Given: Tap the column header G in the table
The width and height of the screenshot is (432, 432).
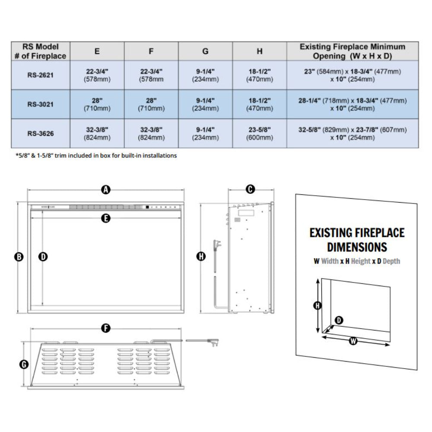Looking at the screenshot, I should tap(205, 51).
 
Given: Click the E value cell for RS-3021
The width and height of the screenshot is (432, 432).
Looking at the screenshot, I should tap(97, 104).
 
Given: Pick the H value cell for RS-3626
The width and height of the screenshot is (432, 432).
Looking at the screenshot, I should tap(260, 133).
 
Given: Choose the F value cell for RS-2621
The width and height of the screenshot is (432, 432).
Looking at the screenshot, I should tap(151, 74).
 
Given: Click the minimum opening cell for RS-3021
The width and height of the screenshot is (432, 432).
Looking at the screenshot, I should tap(353, 104).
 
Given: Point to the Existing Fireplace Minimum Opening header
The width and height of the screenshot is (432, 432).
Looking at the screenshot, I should tap(353, 51).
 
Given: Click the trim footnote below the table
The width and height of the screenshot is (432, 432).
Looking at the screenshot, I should tap(96, 156).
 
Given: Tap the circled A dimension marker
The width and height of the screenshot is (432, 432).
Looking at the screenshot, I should tap(105, 189).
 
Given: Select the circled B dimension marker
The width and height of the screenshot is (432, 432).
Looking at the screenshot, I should tap(19, 257).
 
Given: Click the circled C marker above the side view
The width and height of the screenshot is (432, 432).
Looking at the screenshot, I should tap(250, 189).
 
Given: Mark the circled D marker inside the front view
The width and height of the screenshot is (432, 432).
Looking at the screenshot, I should tap(43, 257).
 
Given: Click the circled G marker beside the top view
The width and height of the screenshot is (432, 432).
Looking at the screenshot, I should tap(24, 365).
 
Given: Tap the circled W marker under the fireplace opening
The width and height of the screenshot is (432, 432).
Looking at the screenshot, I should tap(353, 341).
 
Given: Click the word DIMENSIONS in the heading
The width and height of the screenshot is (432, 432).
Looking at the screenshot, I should tap(357, 247).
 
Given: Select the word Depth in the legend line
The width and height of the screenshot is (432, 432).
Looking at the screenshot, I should tap(391, 261).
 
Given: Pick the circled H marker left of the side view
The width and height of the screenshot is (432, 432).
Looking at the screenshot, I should tap(200, 257).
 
